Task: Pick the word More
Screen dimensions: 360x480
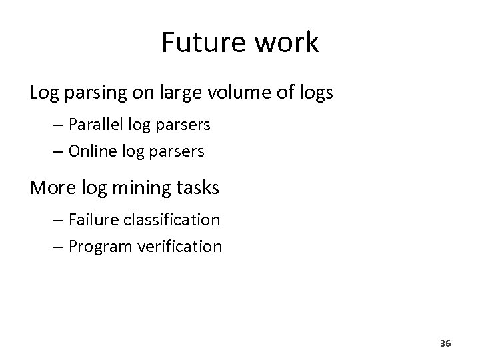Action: pyautogui.click(x=51, y=189)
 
